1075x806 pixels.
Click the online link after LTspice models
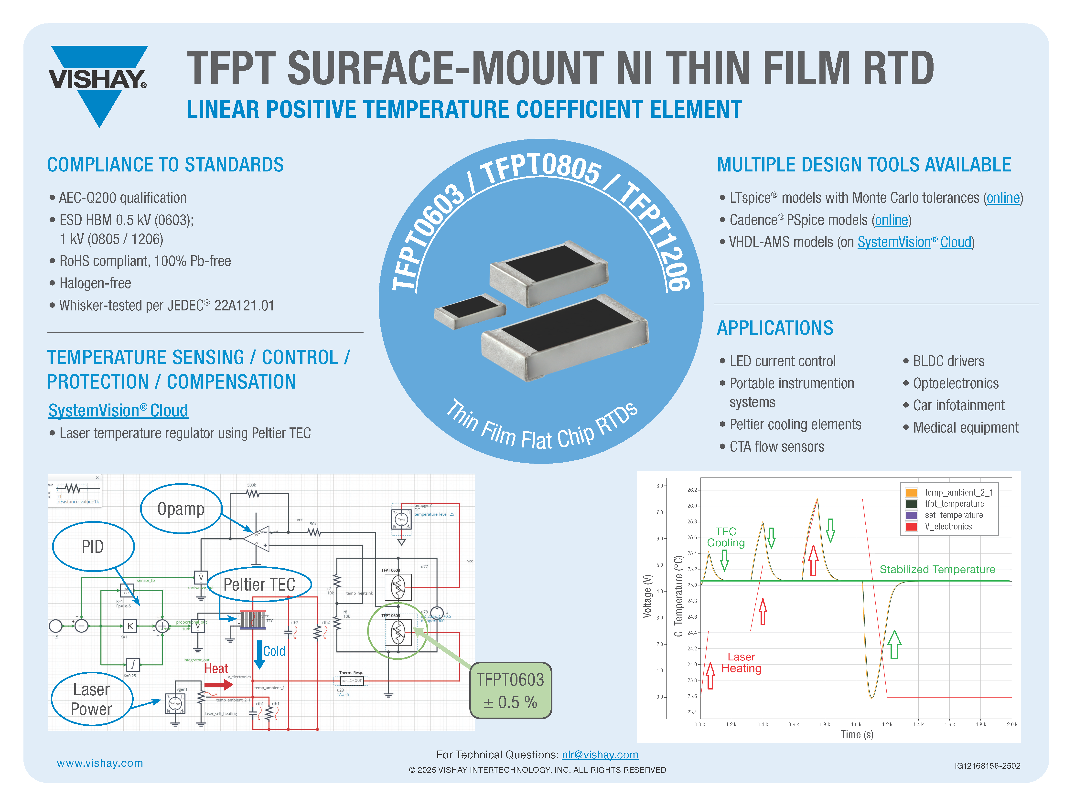1003,198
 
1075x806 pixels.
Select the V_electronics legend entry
948,527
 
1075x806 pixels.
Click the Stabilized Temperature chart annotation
937,569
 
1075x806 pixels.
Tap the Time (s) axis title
857,735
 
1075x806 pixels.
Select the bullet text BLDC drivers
948,361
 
